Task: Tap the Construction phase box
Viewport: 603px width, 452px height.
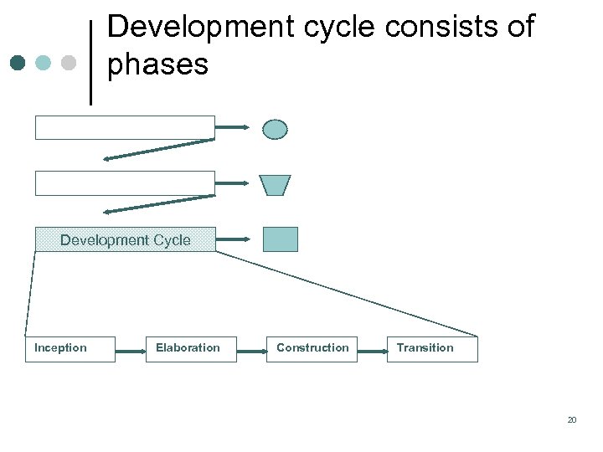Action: coord(312,349)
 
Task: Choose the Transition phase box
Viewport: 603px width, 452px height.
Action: coord(432,349)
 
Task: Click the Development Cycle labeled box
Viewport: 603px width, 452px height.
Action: coord(125,240)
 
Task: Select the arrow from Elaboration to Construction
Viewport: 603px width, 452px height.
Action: coord(251,350)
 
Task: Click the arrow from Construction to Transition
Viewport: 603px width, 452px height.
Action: coord(372,350)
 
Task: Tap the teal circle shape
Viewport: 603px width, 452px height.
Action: coord(275,129)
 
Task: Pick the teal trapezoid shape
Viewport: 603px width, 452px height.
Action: coord(275,185)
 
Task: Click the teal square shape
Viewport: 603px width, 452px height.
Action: coord(280,239)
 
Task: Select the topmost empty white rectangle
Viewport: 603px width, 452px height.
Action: coord(125,127)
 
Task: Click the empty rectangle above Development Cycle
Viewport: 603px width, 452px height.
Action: coord(125,183)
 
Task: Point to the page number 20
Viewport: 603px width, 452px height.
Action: coord(572,420)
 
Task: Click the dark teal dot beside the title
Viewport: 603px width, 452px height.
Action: coord(18,63)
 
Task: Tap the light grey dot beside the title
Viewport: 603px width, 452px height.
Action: coord(69,63)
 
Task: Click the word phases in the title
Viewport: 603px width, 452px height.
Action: coord(157,64)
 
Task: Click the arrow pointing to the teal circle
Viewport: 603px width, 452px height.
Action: coord(232,127)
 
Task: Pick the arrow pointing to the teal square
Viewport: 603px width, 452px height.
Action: coord(232,239)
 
